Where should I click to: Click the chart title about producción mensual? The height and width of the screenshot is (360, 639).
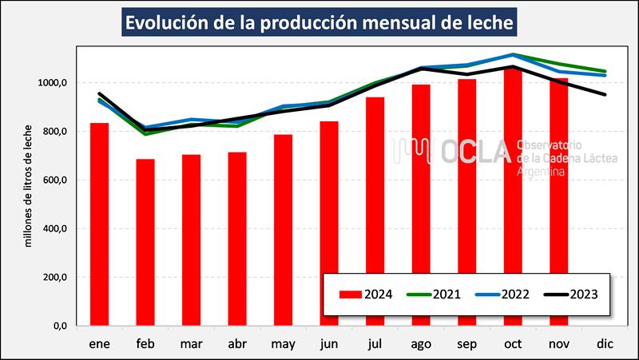click(x=319, y=22)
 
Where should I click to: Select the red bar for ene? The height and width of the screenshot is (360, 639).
click(x=100, y=224)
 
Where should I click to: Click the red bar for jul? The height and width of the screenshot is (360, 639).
click(x=375, y=212)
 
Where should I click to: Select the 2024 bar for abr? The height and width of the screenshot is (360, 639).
click(x=237, y=239)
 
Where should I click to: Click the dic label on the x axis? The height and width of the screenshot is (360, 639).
click(x=604, y=344)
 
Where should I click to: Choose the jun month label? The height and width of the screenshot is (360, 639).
click(x=328, y=344)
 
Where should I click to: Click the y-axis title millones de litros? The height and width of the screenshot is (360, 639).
click(x=29, y=185)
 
